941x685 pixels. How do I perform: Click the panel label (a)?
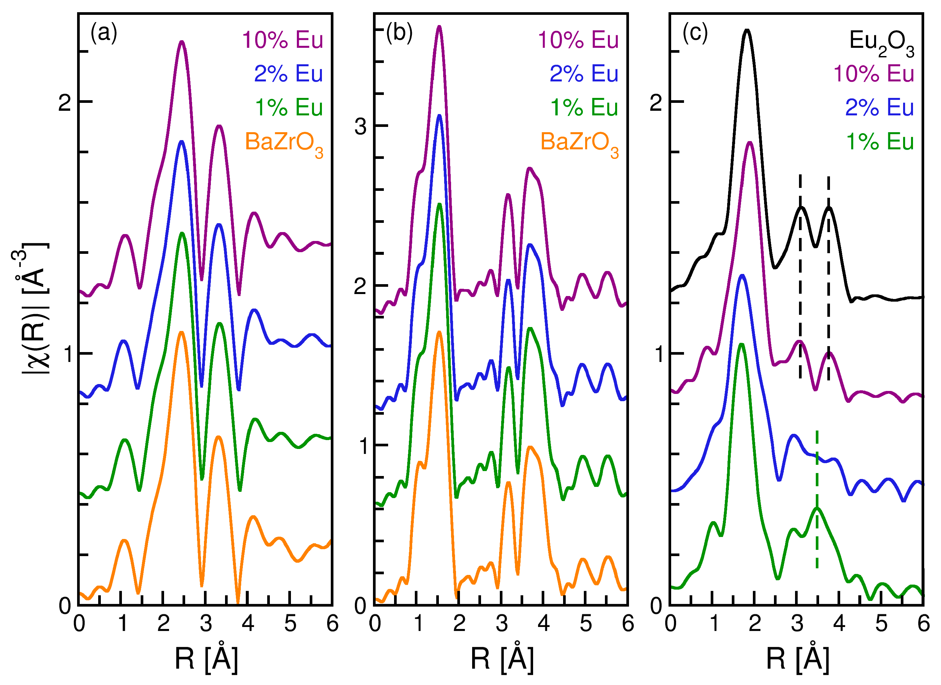coord(104,33)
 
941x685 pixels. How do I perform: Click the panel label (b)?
coord(399,33)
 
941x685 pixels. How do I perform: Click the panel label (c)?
coord(695,33)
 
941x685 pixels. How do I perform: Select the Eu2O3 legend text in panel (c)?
coord(881,43)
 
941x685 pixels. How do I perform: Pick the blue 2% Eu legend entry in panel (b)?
coord(584,74)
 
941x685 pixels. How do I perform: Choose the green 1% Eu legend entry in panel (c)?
coord(880,141)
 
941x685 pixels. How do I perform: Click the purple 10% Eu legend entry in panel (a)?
coord(282,40)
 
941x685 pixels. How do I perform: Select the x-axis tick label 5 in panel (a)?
coord(290,624)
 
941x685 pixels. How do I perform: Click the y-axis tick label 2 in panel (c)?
coord(656,102)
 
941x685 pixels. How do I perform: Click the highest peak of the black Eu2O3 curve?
coord(747,30)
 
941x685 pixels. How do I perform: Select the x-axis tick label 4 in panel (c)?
coord(839,624)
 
